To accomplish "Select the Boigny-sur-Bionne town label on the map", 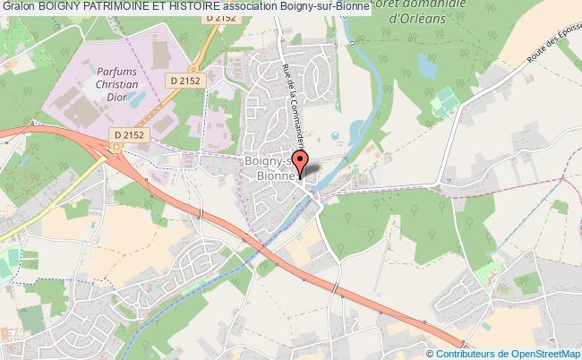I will (273, 168).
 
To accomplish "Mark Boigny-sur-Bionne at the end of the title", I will (397, 7).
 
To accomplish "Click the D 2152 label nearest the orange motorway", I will (130, 134).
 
